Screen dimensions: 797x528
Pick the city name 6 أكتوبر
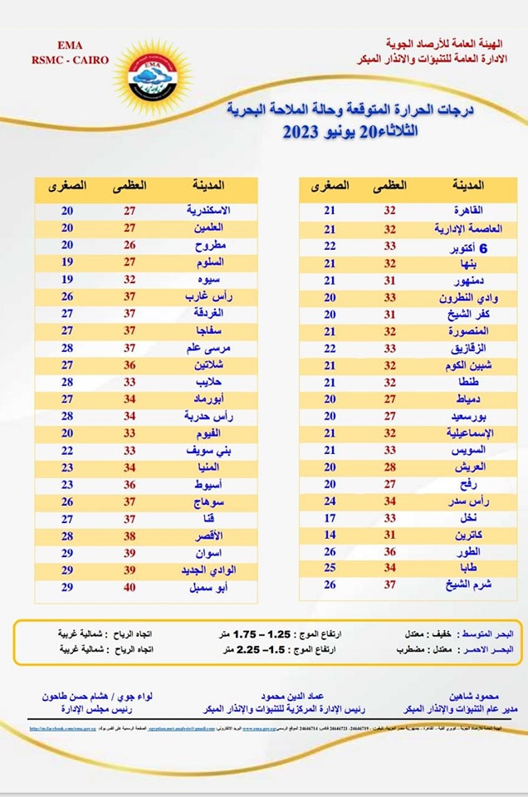tap(469, 247)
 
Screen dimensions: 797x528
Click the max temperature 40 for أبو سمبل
tap(130, 588)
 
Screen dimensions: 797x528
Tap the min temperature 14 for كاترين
tap(330, 535)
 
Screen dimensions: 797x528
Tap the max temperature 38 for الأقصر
tap(130, 535)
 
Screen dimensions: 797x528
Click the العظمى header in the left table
tap(130, 187)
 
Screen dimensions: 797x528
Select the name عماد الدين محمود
tap(294, 696)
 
